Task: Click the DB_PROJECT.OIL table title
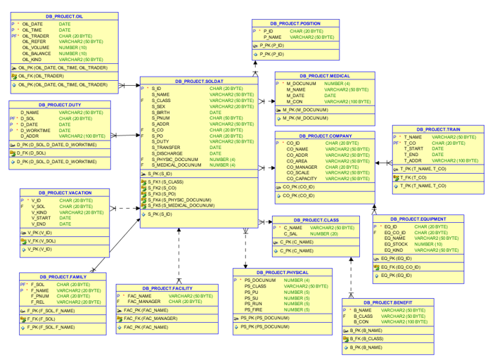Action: [64, 15]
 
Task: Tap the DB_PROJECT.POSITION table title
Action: [295, 23]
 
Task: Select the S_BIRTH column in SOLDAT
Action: [161, 112]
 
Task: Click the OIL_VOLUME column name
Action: [36, 48]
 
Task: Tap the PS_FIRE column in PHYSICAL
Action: [254, 309]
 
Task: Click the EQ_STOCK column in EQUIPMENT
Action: [397, 244]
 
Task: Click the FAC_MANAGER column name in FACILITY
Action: [144, 302]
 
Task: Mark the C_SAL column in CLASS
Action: [292, 233]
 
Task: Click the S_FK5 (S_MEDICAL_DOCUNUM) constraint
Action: [181, 205]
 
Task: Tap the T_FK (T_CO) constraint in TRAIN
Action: [415, 177]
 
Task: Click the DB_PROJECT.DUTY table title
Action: [59, 104]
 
